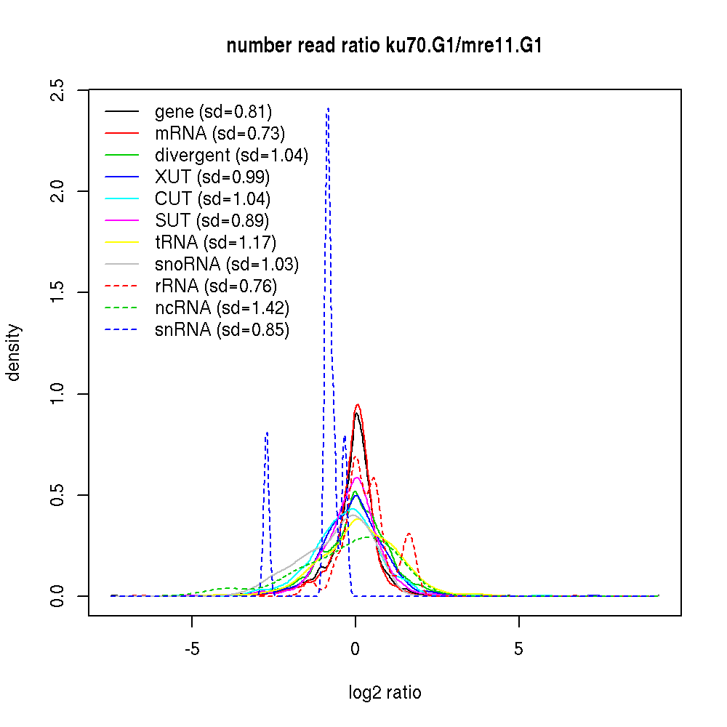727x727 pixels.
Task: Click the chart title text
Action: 385,47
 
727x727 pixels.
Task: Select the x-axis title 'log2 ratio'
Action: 385,693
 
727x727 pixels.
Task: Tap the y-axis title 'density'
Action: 15,353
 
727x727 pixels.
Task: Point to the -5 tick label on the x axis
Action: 192,649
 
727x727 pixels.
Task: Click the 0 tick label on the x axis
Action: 356,649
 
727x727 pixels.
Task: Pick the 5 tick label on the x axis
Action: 518,649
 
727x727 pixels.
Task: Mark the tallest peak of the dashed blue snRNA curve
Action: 328,109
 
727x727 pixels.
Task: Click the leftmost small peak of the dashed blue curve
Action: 267,433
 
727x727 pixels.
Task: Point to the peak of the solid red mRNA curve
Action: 357,405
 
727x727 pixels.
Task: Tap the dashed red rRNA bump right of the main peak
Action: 409,534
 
